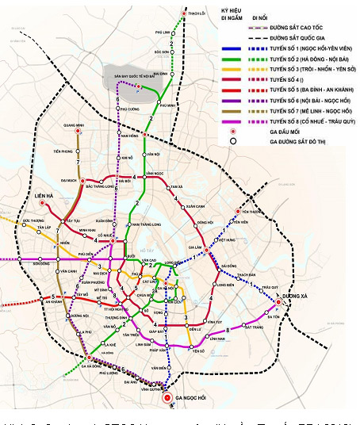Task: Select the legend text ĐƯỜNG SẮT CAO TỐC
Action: (289, 27)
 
